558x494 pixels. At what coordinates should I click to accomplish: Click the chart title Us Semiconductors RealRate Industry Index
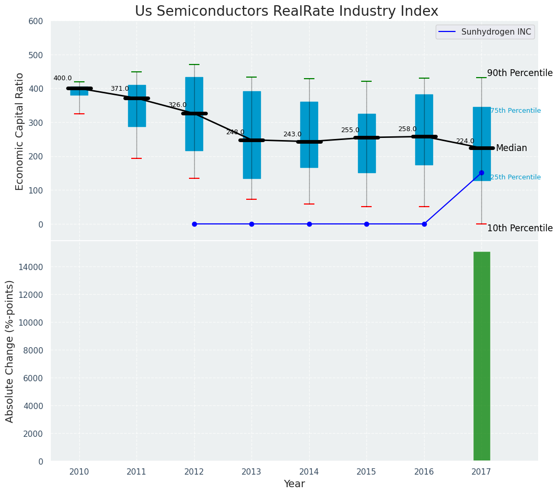tap(286, 12)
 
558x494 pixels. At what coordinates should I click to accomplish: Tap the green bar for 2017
tap(481, 357)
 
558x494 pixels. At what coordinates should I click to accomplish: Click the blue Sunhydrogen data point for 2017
tap(481, 173)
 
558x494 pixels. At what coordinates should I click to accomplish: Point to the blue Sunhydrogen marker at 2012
tap(194, 224)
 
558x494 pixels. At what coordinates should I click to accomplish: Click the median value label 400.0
tap(62, 79)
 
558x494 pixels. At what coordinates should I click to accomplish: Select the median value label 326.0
tap(177, 105)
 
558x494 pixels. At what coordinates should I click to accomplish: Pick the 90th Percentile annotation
tap(520, 73)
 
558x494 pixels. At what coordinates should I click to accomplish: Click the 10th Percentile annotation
tap(520, 229)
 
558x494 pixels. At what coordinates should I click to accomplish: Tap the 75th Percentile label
tap(515, 111)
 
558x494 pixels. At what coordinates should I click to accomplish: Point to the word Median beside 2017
tap(511, 148)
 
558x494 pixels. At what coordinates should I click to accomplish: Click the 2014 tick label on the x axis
tap(309, 471)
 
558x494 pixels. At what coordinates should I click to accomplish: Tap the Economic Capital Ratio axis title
tap(20, 131)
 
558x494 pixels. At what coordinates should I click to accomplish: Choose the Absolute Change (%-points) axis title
tap(10, 351)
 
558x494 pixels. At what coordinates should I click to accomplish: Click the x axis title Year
tap(294, 484)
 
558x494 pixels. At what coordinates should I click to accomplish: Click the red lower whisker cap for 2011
tap(136, 158)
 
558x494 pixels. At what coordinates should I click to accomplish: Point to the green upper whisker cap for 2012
tap(194, 65)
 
